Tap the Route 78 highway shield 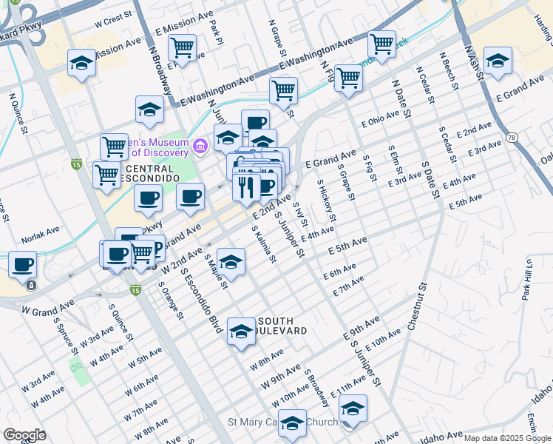coord(512,138)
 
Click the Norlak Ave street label coord(40,232)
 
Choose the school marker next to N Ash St coord(498,62)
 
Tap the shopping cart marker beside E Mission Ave coord(182,49)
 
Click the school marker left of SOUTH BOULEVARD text coord(240,332)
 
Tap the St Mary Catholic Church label coord(282,423)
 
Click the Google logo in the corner coord(24,435)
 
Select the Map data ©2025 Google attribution coord(508,438)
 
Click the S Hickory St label coord(327,201)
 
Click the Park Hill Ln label coord(527,280)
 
